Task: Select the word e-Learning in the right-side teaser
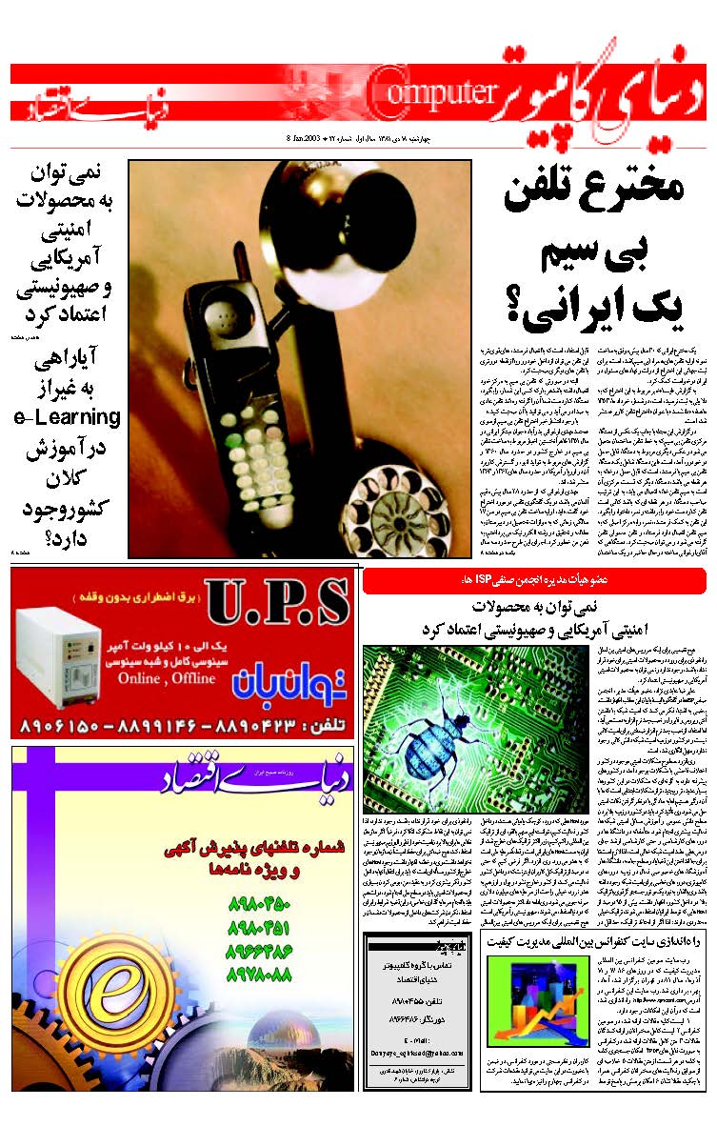coord(67,417)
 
